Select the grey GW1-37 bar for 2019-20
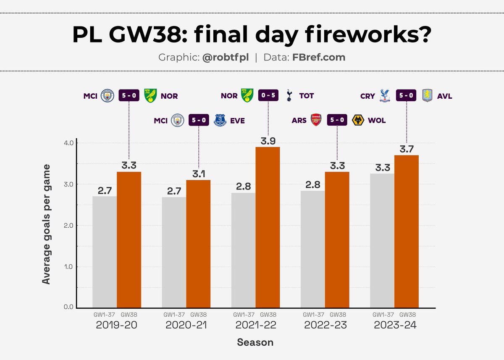coord(105,252)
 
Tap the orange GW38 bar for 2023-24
coord(407,231)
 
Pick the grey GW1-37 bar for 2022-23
coord(313,250)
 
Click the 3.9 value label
coord(268,140)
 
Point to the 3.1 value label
coord(198,173)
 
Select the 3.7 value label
coord(407,149)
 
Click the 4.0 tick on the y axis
coord(68,143)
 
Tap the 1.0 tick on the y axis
coord(68,267)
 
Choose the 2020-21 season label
coord(186,325)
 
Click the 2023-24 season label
coord(394,325)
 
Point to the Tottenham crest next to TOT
coord(289,96)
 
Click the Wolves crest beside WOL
coord(358,120)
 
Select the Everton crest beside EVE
coord(220,120)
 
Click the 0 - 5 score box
coord(268,96)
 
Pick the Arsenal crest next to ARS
coord(316,120)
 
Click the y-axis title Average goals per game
coord(47,224)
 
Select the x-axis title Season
coord(255,342)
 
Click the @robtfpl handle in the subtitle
coord(225,58)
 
